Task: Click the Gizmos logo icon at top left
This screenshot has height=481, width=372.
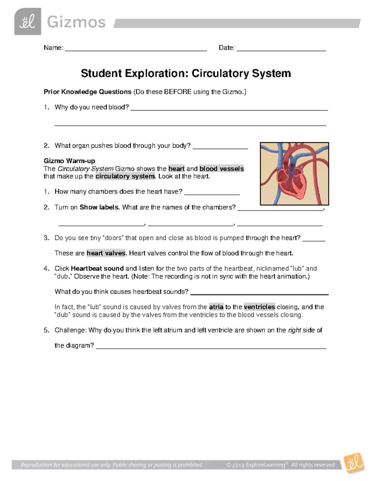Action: [28, 22]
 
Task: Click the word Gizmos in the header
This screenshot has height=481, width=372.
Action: [76, 22]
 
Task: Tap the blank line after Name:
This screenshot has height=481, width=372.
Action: [136, 50]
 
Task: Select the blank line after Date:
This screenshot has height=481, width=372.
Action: [281, 50]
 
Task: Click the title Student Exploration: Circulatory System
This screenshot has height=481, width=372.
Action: [186, 73]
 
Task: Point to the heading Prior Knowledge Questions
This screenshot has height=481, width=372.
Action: [87, 92]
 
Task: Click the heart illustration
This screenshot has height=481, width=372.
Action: [294, 174]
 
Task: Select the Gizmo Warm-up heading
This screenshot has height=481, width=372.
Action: [69, 161]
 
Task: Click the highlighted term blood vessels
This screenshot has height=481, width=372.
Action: [222, 169]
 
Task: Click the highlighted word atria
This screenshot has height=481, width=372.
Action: [216, 307]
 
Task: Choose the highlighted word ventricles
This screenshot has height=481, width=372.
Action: [259, 307]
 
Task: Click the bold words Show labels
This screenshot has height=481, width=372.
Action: [100, 207]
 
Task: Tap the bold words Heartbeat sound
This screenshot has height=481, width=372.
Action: [97, 269]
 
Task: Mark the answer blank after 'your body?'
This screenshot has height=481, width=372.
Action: [220, 148]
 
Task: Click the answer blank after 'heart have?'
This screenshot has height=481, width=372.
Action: [212, 194]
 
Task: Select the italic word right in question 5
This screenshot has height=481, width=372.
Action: [294, 330]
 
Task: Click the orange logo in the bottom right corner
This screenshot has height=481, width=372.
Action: [354, 463]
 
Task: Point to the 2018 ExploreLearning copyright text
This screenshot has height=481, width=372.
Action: [281, 465]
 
